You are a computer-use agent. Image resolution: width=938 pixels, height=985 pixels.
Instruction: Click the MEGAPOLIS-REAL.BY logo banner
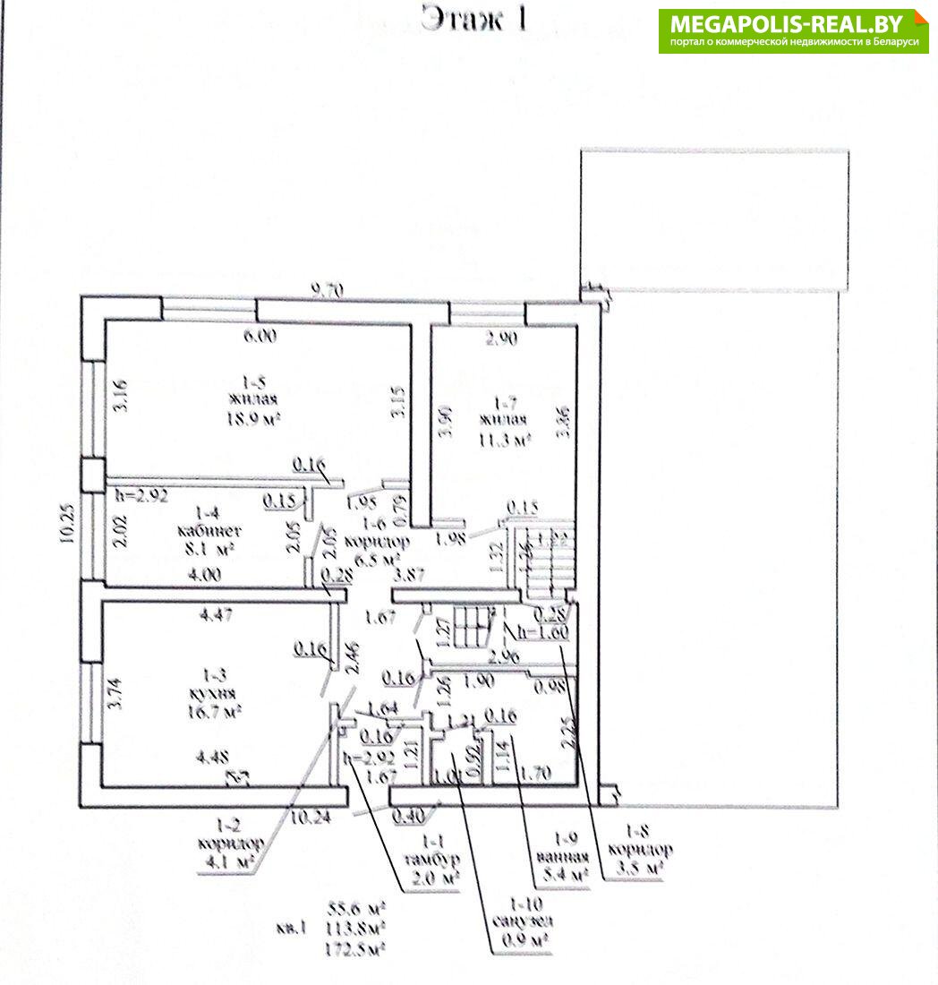coord(793,30)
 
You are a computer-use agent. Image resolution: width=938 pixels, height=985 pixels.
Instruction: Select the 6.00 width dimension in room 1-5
coord(260,337)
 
